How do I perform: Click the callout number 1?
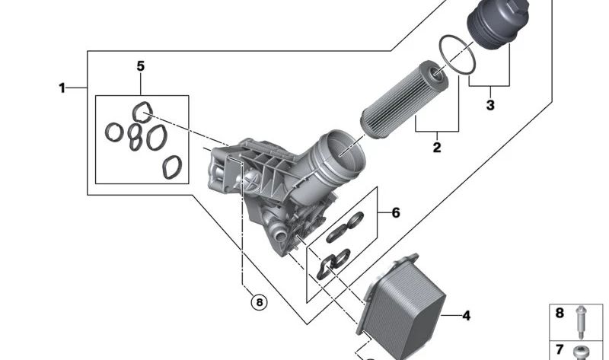click(x=62, y=88)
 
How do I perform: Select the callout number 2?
click(x=437, y=147)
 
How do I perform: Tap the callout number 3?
click(x=490, y=105)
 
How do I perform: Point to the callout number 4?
click(x=467, y=316)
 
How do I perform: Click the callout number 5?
click(x=141, y=66)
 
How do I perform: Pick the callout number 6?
click(x=395, y=213)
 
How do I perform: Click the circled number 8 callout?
click(x=260, y=301)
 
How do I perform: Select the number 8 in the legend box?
click(x=560, y=313)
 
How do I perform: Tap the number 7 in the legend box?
click(x=560, y=349)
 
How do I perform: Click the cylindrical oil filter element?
click(x=404, y=99)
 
